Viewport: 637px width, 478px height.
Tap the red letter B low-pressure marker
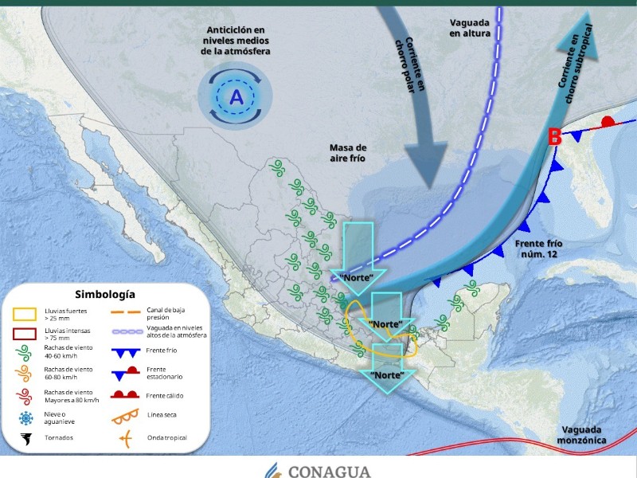click(556, 137)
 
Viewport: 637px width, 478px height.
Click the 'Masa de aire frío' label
click(348, 154)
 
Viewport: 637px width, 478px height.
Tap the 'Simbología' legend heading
click(105, 295)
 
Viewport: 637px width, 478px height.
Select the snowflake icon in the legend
click(26, 418)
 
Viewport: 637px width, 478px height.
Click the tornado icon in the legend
click(26, 437)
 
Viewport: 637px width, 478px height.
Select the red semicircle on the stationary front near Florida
click(608, 122)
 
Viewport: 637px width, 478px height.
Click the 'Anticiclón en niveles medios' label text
click(236, 40)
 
